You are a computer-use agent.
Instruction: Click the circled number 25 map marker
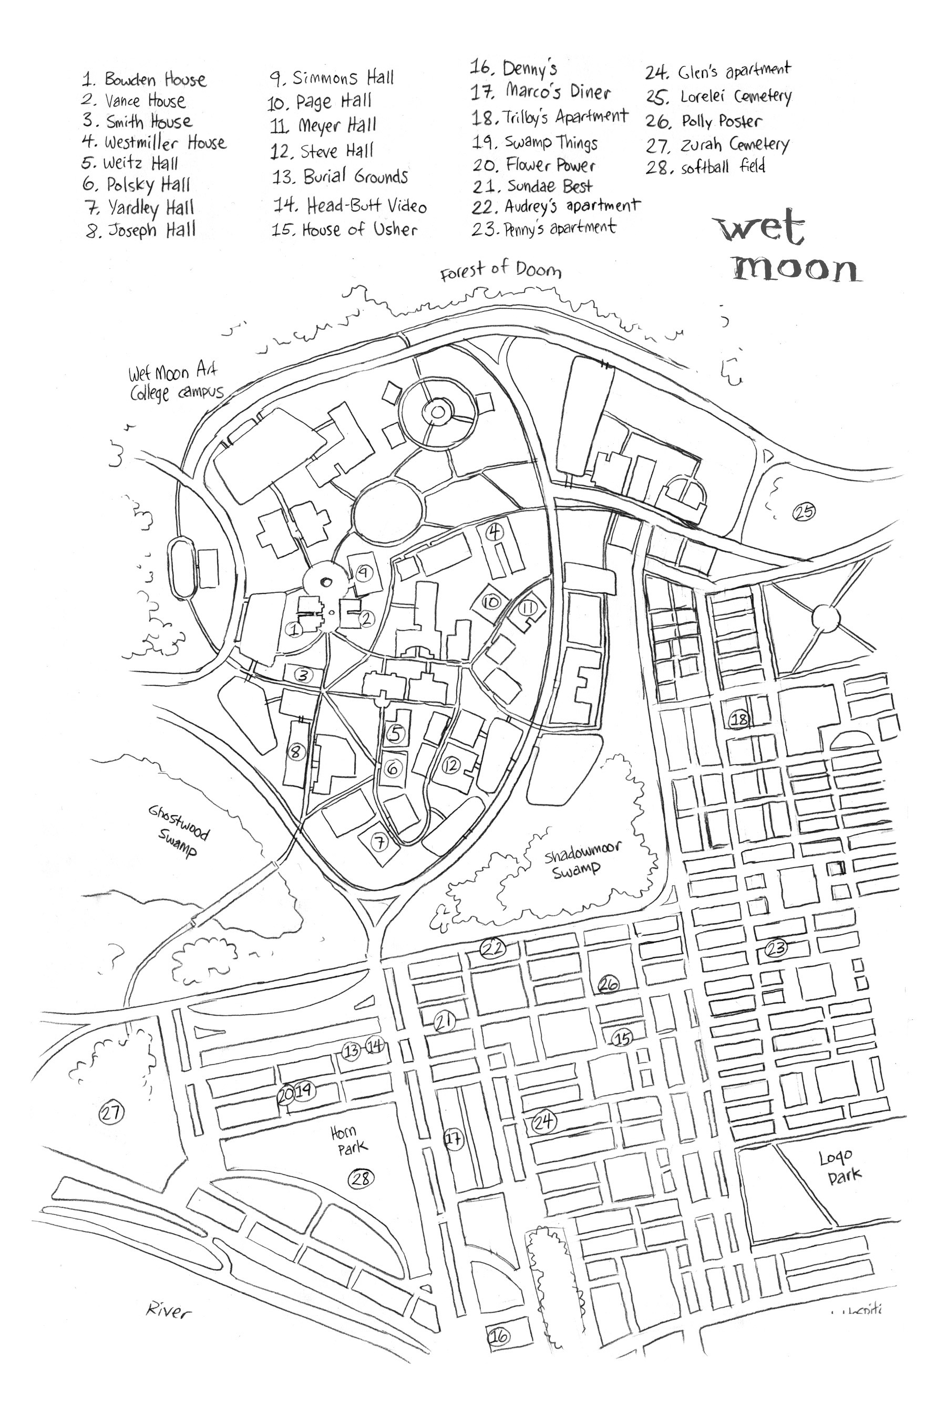(x=804, y=512)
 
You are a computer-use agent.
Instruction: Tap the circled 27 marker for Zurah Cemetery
(x=111, y=1112)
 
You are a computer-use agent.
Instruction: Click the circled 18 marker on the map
(x=739, y=718)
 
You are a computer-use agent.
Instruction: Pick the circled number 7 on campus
(x=379, y=842)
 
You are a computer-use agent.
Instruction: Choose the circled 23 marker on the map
(x=776, y=948)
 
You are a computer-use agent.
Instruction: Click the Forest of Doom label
(x=500, y=270)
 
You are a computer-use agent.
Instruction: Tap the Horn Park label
(x=347, y=1141)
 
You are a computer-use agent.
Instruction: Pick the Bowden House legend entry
(x=145, y=80)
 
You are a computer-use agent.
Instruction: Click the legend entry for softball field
(x=706, y=166)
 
